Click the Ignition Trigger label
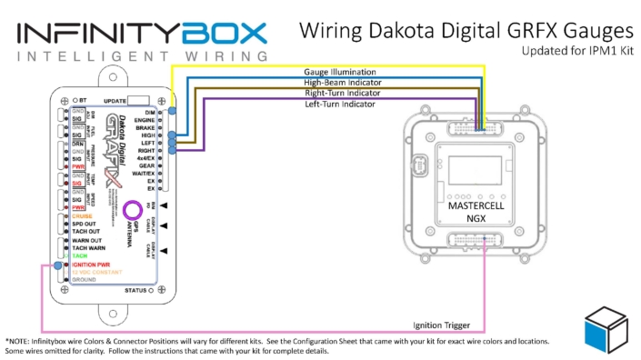(443, 325)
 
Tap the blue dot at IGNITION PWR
(58, 265)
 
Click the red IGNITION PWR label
(92, 265)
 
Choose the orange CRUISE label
(84, 215)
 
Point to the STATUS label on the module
(135, 290)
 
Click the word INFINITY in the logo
(95, 35)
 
